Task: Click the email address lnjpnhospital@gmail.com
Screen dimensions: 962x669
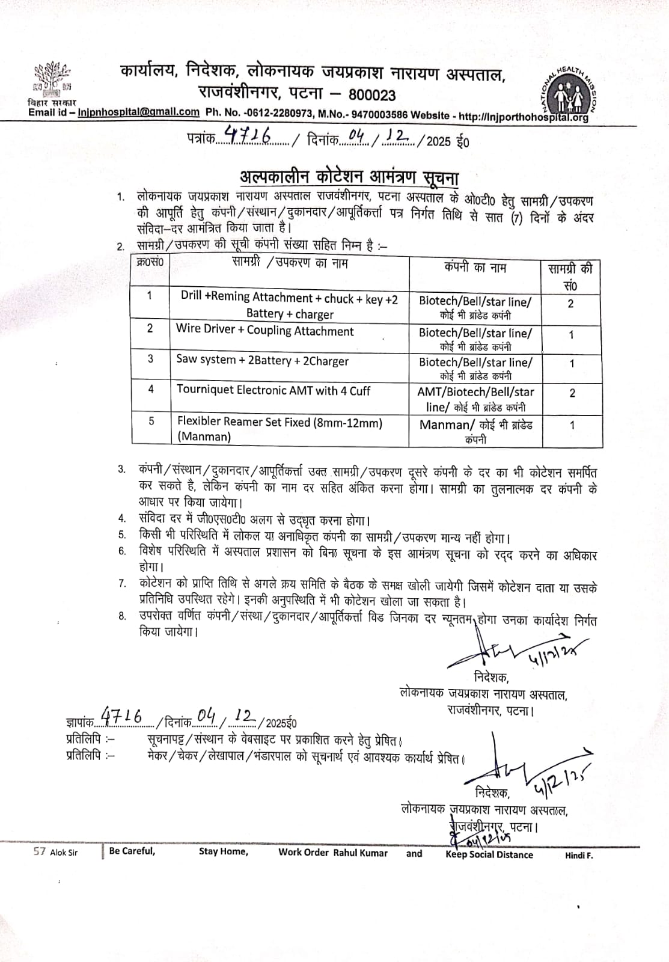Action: (139, 112)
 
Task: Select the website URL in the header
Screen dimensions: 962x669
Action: (523, 117)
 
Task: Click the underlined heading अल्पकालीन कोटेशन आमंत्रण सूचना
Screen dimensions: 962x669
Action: (349, 177)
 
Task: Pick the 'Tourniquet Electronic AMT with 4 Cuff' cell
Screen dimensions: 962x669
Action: (273, 390)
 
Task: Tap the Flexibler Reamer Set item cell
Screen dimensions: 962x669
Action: (280, 429)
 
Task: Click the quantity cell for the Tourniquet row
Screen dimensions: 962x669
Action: (572, 393)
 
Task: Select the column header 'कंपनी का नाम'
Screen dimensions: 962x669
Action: (475, 268)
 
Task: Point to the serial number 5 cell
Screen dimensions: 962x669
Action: (151, 421)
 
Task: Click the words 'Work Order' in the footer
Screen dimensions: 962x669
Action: (303, 852)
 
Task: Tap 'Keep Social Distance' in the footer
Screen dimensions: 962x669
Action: (489, 854)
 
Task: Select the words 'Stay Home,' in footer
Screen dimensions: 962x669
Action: (223, 851)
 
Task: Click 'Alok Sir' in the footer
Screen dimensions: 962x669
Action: (64, 852)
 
